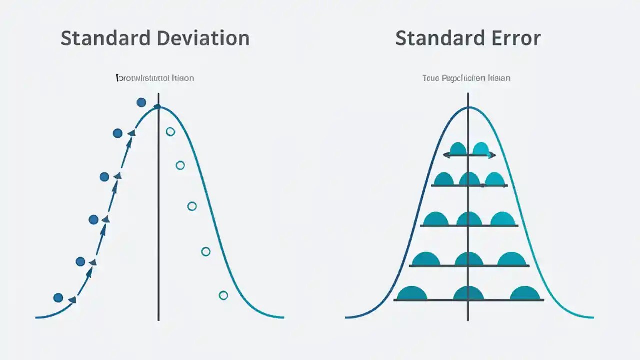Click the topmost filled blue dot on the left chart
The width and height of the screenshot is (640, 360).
tap(141, 102)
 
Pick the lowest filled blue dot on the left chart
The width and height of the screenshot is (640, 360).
tap(58, 298)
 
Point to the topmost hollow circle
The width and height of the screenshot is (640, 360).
tap(170, 132)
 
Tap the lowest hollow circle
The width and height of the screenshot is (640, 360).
tap(223, 295)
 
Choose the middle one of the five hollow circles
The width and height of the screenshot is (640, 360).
tap(192, 206)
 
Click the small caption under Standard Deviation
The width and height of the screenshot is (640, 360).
tap(155, 78)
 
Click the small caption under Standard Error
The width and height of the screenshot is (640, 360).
tap(466, 78)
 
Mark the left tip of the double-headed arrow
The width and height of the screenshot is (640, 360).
tap(444, 155)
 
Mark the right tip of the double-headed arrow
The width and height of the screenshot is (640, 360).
tap(495, 155)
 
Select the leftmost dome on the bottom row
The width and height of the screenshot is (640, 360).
tap(412, 294)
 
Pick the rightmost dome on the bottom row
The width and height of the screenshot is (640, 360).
tap(525, 294)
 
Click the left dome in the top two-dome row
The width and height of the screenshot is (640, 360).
tap(458, 149)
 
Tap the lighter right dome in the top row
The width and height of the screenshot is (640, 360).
tap(480, 149)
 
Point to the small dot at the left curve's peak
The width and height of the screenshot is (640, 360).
tap(157, 106)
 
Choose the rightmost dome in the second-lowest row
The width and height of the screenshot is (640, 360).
tap(512, 259)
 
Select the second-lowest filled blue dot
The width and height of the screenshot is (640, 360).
tap(80, 261)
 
